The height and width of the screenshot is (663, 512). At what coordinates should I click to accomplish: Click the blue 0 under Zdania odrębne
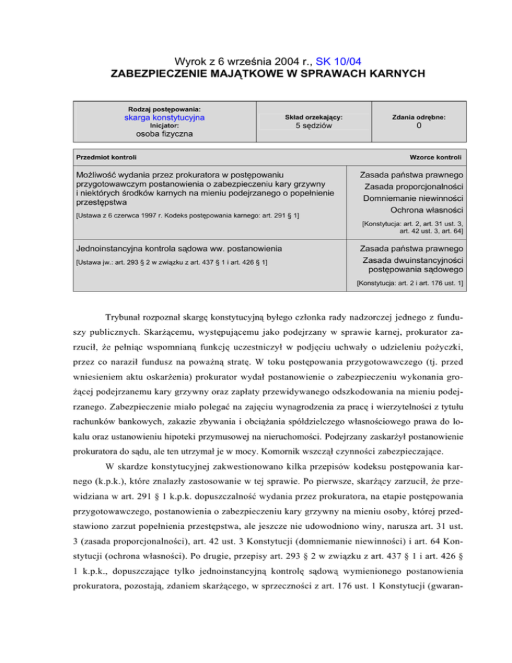(418, 126)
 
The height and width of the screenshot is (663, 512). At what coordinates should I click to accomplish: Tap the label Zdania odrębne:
(418, 117)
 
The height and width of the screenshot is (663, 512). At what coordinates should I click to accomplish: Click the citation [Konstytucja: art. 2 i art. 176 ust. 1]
(410, 283)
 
